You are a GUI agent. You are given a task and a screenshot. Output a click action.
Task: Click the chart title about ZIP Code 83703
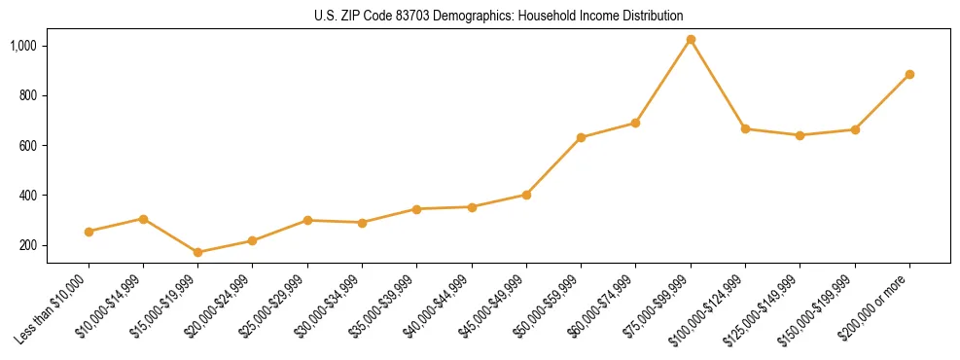coord(499,17)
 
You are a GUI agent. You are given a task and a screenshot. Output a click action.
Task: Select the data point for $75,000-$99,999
coord(691,40)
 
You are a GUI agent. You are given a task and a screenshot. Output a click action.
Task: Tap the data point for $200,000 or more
coord(909,74)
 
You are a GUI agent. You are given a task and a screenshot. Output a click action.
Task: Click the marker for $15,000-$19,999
coord(198,252)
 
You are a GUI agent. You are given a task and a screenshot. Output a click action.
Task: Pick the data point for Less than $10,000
coord(89,232)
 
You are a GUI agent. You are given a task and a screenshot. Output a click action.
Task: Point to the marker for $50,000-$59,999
coord(581,137)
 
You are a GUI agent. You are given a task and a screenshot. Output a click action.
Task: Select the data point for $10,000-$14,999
coord(143,219)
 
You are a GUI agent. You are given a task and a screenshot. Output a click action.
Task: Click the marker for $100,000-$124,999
coord(745,128)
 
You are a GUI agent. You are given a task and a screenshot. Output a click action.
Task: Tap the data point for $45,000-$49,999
coord(526,195)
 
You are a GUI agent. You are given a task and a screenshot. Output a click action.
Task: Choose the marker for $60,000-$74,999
coord(635,123)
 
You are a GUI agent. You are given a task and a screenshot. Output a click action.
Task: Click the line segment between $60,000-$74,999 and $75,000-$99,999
coord(663,81)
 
